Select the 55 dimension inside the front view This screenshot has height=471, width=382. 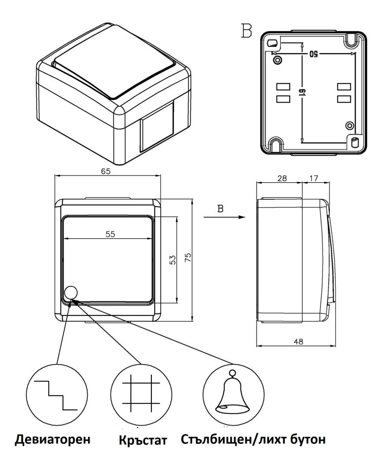tap(110, 234)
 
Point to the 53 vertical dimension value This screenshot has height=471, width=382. tap(172, 260)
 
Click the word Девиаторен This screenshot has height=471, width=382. tap(54, 440)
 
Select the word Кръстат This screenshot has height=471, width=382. tap(143, 441)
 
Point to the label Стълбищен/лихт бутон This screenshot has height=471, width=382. tap(253, 440)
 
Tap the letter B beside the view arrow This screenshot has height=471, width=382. tap(220, 209)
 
